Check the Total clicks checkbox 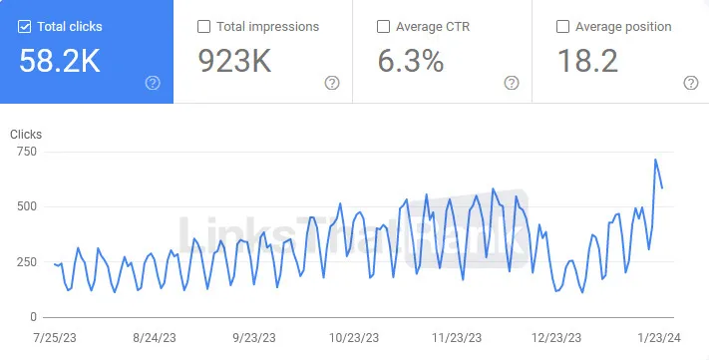point(25,27)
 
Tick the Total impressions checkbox point(203,27)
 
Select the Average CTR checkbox point(383,27)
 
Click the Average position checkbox point(561,27)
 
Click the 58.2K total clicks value point(60,61)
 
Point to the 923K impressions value point(233,61)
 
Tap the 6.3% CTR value point(410,61)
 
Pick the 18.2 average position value point(588,61)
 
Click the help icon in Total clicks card point(153,83)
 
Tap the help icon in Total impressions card point(332,83)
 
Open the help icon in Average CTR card point(511,83)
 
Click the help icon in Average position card point(689,83)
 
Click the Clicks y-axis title point(26,134)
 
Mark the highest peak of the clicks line point(655,160)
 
